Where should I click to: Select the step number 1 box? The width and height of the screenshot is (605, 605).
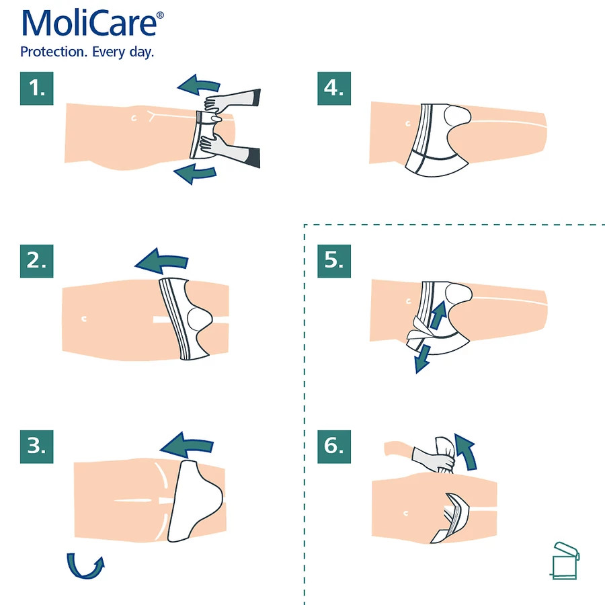point(37,88)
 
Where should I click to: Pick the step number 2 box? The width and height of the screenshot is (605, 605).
point(37,261)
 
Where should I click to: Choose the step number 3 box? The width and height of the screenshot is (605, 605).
point(37,446)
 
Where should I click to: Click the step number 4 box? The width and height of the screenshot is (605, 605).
point(334,88)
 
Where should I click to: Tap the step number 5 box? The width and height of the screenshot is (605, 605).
point(334,261)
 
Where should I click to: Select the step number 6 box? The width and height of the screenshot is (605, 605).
point(334,446)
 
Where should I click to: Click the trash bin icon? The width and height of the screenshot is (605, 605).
point(565,561)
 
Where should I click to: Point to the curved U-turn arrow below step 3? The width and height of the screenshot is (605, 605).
point(83,575)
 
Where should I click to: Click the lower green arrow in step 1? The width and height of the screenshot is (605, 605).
point(195,173)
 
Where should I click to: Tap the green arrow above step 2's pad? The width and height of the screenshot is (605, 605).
point(162,261)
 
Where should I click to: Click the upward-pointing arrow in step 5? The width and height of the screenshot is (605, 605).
point(438,314)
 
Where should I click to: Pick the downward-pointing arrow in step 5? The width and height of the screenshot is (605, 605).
point(423,360)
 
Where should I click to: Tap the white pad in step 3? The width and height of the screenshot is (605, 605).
point(194,500)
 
